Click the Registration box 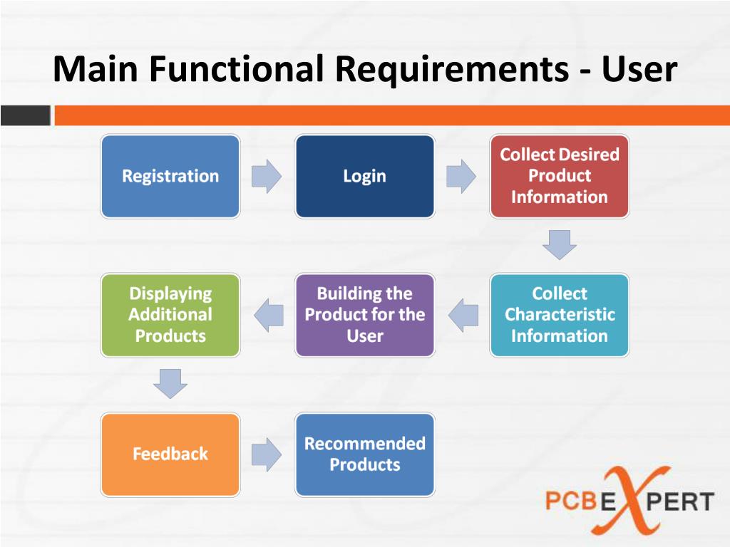point(170,176)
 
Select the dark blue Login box point(364,176)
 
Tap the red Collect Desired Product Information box point(559,176)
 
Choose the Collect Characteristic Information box point(559,315)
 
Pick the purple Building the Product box point(364,315)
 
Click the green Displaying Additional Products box point(170,315)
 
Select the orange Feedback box point(170,454)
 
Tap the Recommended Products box point(364,454)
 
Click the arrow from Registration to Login point(267,176)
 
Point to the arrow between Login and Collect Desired point(461,176)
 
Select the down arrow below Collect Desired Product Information point(559,244)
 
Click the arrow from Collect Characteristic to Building point(463,315)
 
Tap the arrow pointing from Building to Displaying point(269,315)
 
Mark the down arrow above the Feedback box point(170,383)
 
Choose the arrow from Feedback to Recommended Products point(267,454)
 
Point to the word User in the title point(638,70)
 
